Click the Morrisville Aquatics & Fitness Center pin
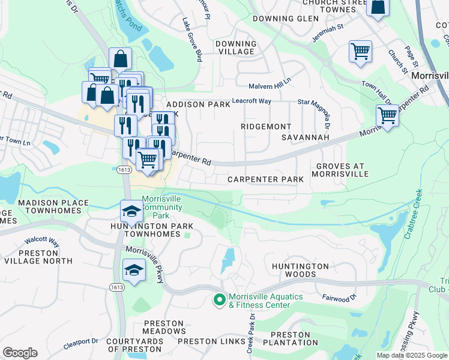point(219,298)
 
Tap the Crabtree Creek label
point(414,215)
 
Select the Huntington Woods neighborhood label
point(300,270)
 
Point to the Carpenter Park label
point(265,179)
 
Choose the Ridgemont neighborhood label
point(265,127)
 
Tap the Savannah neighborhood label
point(306,137)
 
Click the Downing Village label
point(236,48)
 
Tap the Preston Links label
point(205,341)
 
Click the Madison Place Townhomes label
point(53,207)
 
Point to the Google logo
point(20,352)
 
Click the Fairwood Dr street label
point(340,297)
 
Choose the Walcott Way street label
point(42,242)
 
